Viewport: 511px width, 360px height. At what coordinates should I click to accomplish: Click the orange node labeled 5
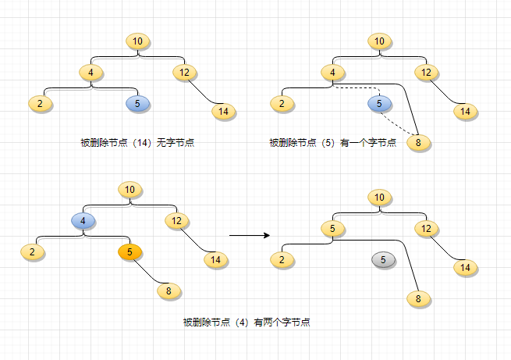tap(130, 252)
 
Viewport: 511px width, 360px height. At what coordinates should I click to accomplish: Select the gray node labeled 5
tap(383, 259)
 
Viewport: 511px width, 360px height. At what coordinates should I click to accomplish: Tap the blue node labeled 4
tap(83, 221)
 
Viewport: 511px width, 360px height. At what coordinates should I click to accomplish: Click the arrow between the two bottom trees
tap(250, 235)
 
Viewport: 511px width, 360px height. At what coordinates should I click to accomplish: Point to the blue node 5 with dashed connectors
tap(379, 104)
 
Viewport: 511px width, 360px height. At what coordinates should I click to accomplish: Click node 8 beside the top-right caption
tap(418, 142)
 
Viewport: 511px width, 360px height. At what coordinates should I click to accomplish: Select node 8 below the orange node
tap(169, 290)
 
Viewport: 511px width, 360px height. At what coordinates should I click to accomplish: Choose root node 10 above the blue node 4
tap(130, 190)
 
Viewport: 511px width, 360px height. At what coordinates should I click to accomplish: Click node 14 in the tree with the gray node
tap(466, 267)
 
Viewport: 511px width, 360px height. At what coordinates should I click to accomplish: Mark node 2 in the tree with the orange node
tap(32, 252)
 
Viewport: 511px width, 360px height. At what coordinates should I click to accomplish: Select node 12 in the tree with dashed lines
tap(426, 73)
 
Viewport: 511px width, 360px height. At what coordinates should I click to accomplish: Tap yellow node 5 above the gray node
tap(332, 229)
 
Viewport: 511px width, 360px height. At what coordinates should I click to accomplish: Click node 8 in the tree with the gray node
tap(418, 298)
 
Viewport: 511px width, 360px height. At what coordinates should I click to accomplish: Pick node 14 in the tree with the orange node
tap(216, 260)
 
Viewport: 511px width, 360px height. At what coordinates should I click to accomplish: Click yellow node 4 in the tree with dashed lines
tap(332, 73)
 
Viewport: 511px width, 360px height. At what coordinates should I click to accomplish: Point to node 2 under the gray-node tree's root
tap(282, 259)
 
